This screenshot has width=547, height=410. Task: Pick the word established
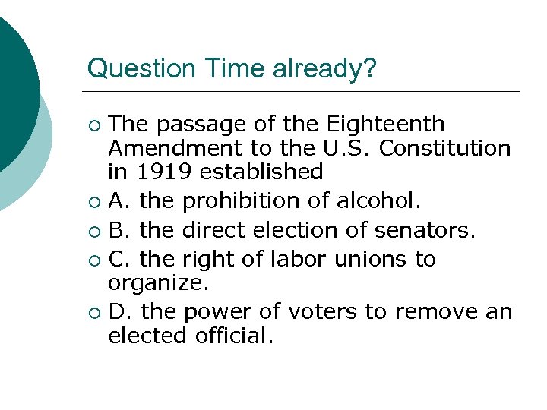tap(262, 171)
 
